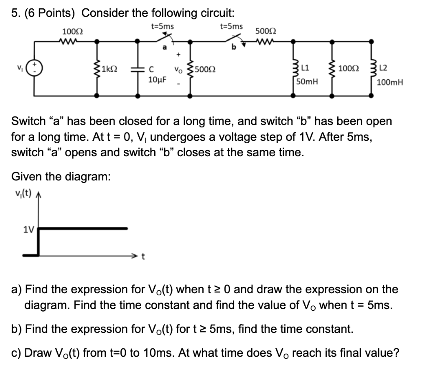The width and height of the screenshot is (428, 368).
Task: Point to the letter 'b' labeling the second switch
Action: (234, 48)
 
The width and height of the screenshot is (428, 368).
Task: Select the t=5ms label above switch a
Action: (163, 26)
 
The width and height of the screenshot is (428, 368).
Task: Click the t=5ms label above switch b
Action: (231, 26)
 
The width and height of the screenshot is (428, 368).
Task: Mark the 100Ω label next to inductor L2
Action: (348, 68)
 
